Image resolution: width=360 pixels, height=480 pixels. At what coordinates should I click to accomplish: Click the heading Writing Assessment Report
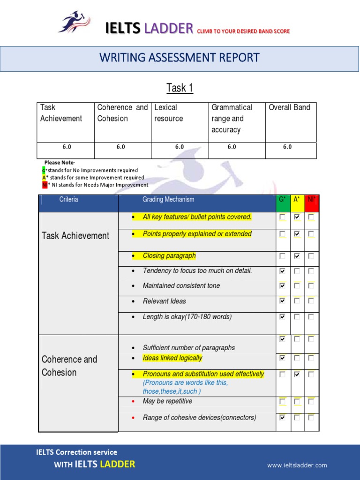(x=180, y=58)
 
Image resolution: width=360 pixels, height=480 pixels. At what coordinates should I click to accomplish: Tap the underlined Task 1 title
(x=180, y=88)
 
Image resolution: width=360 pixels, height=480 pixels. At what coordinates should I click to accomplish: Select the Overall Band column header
(x=289, y=107)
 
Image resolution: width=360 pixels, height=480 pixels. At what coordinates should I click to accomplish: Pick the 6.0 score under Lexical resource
(x=180, y=147)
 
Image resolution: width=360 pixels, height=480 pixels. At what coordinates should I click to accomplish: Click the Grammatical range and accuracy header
(x=232, y=119)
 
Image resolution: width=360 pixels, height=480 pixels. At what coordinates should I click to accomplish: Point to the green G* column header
(x=282, y=200)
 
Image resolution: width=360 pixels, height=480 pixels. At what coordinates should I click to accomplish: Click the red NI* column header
(x=311, y=200)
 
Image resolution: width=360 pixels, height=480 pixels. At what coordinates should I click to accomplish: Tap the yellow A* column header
(x=297, y=200)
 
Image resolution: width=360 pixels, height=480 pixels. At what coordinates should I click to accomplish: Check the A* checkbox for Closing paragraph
(x=297, y=256)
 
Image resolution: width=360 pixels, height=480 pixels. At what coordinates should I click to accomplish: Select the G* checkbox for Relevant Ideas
(x=282, y=301)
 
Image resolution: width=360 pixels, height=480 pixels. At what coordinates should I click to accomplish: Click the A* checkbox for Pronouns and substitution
(x=297, y=375)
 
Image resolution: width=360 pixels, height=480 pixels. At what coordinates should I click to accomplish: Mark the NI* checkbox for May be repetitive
(x=311, y=402)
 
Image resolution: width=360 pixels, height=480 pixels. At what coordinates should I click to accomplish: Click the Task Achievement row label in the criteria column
(x=75, y=236)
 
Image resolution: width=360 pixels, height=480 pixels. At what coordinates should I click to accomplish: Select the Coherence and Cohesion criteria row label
(x=69, y=366)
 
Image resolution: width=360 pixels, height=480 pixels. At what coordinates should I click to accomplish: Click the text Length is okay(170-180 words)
(x=187, y=317)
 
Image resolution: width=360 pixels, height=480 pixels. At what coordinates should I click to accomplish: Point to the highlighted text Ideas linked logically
(x=172, y=358)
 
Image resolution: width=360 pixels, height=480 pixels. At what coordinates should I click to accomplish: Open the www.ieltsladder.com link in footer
(x=297, y=465)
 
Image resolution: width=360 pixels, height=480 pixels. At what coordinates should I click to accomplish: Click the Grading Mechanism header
(x=168, y=200)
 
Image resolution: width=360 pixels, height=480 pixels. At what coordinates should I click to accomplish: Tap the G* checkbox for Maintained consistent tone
(x=282, y=285)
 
